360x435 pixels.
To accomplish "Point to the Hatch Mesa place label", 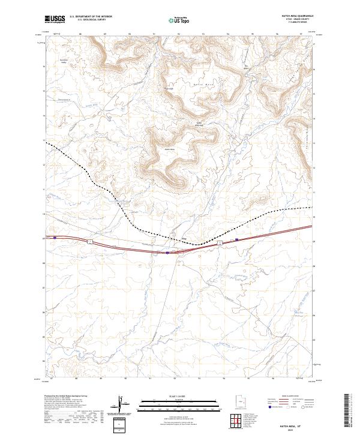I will pos(169,149).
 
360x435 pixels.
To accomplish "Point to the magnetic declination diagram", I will pos(124,406).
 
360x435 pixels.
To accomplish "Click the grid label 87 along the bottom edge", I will pos(52,379).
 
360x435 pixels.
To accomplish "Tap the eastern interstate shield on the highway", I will pos(236,239).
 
